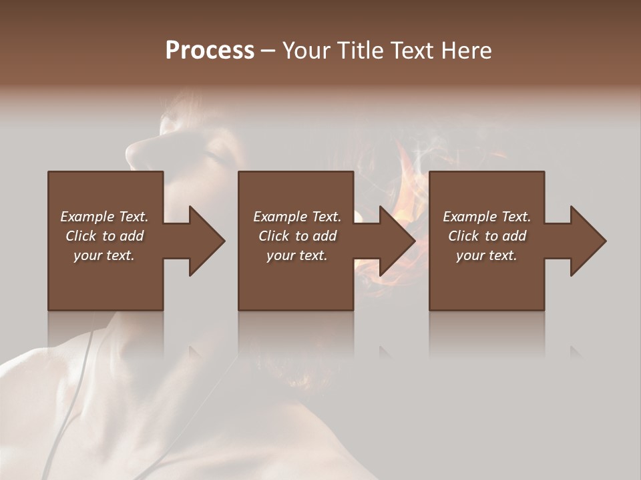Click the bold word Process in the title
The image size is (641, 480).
(210, 51)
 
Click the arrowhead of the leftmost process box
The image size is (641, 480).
(206, 241)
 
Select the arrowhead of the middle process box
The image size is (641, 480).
(397, 241)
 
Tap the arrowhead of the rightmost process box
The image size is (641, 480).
(587, 241)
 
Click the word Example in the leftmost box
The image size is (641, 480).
(87, 217)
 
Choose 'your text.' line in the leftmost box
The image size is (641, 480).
(104, 255)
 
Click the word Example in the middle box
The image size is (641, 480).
(280, 217)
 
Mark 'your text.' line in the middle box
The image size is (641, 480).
(296, 255)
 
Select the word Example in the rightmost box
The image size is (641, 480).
(469, 217)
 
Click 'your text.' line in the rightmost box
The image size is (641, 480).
(486, 255)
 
